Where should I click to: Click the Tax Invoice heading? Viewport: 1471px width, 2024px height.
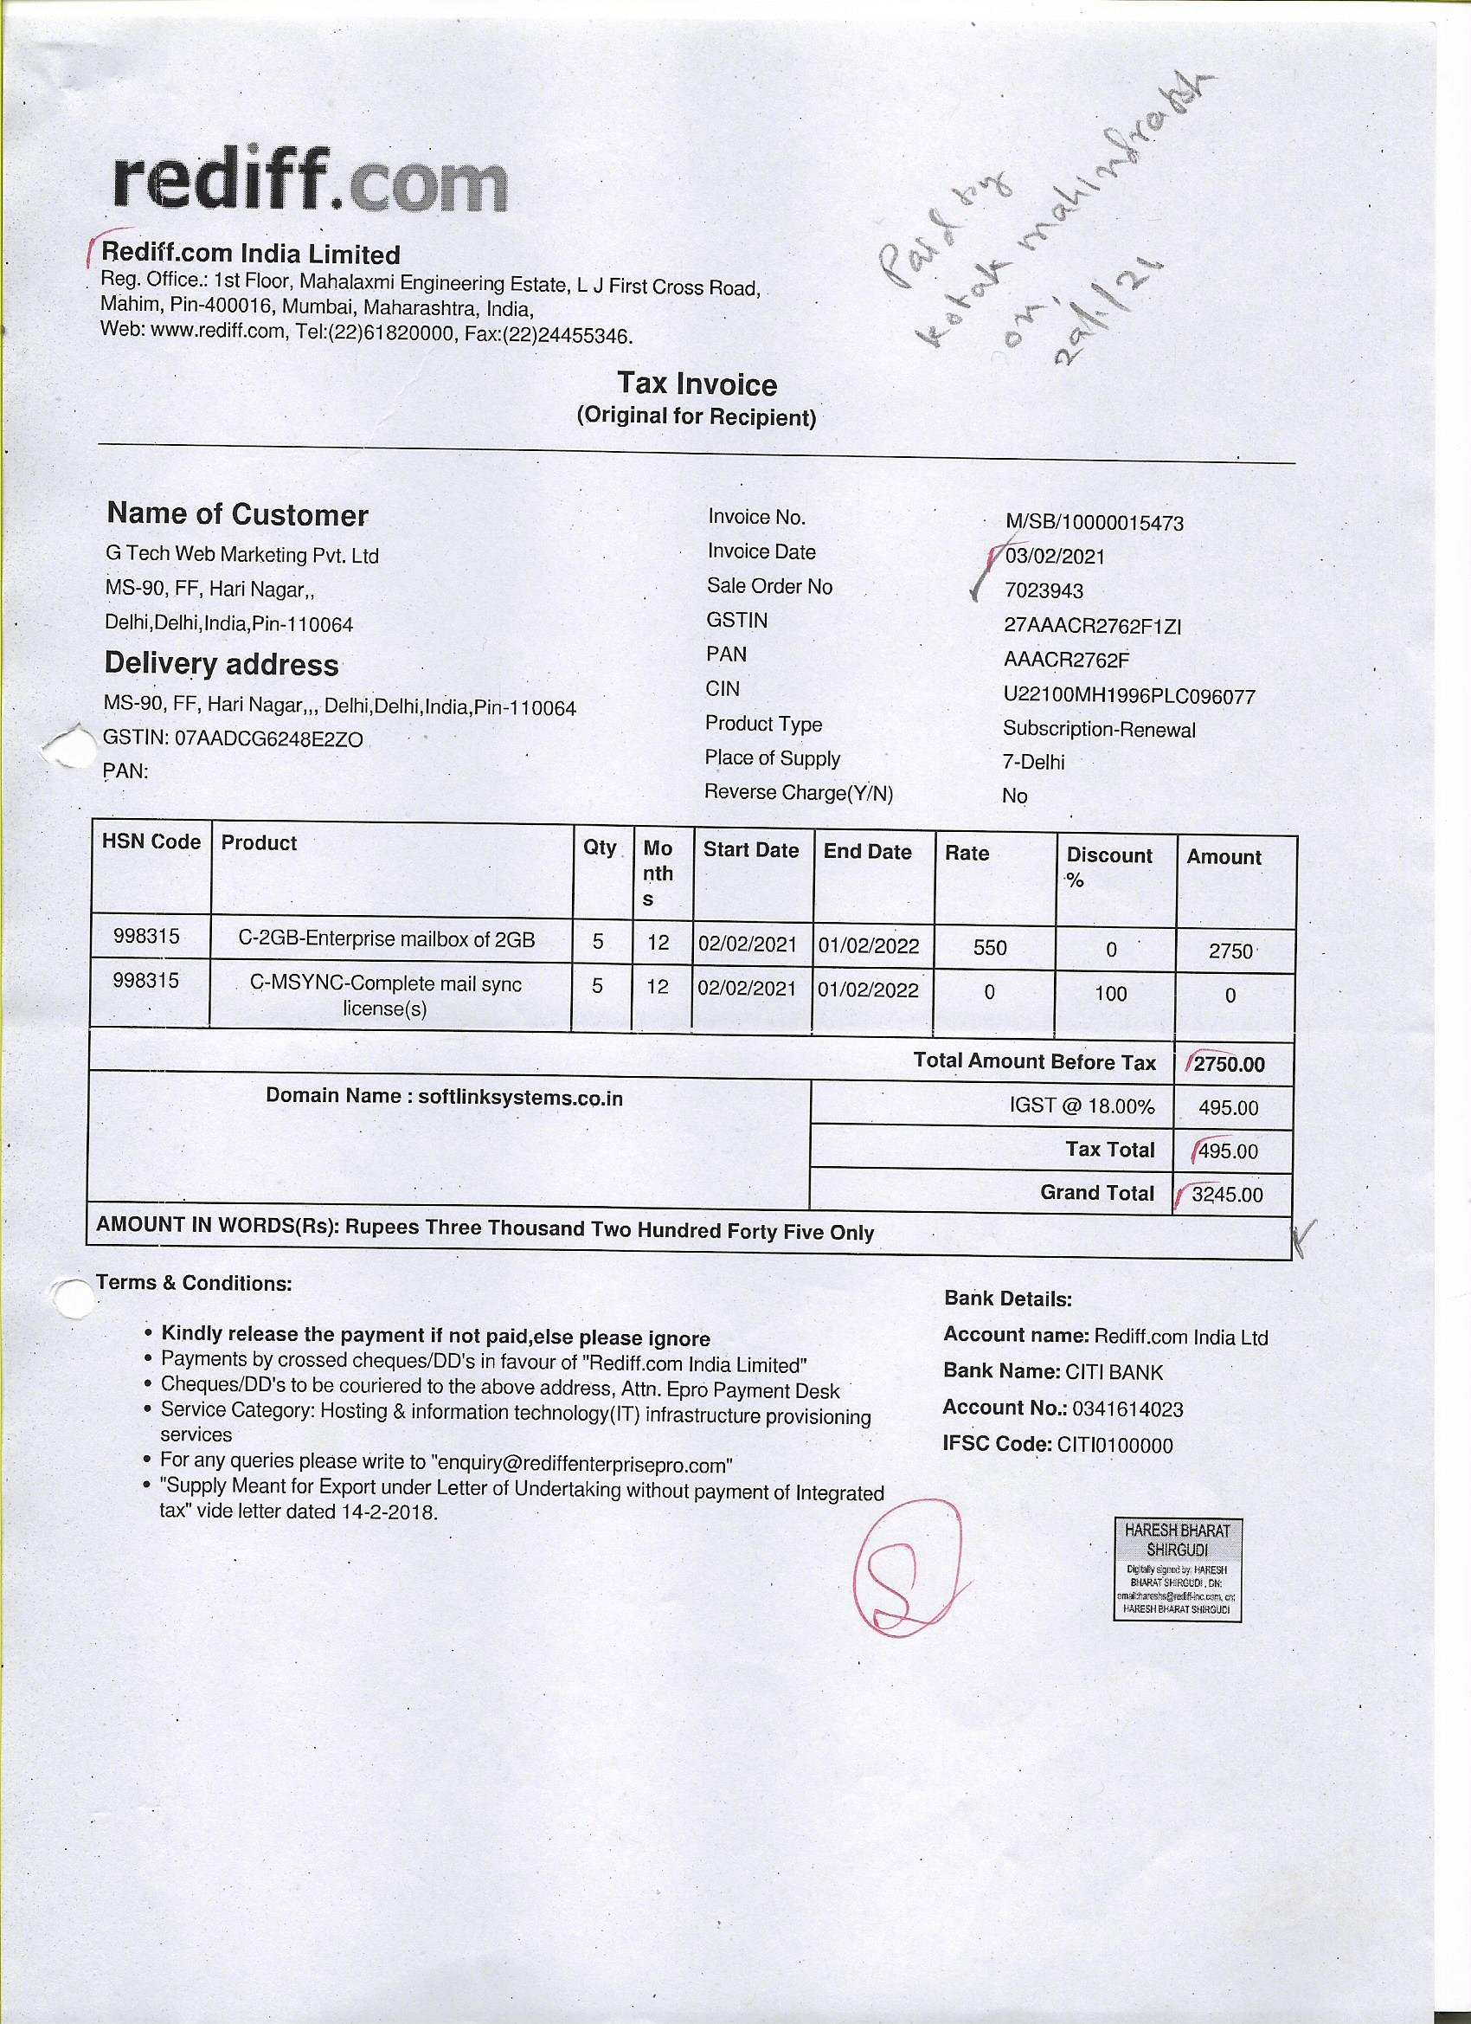(x=697, y=384)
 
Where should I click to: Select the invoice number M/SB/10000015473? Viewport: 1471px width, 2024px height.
(x=1094, y=523)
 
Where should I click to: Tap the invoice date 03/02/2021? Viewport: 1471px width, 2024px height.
(x=1056, y=557)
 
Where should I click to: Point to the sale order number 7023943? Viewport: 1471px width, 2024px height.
(x=1044, y=590)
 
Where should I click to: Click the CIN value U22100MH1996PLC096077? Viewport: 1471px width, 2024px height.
(x=1128, y=696)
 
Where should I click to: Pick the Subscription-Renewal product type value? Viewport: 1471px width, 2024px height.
(x=1098, y=729)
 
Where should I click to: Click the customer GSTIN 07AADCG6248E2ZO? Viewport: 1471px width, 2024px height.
(x=268, y=739)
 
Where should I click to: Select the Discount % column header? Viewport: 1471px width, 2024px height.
(x=1108, y=867)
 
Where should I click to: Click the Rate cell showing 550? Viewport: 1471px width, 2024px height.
(x=989, y=948)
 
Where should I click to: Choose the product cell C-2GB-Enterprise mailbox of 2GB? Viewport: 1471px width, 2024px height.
(x=386, y=940)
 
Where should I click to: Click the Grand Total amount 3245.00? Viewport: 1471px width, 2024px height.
(x=1227, y=1195)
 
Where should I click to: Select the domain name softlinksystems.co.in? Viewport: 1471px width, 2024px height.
(x=520, y=1098)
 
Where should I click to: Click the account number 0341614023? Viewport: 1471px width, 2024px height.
(x=1127, y=1409)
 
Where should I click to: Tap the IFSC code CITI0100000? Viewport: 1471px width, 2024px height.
(x=1114, y=1445)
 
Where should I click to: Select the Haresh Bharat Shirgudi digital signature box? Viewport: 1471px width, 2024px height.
(x=1177, y=1570)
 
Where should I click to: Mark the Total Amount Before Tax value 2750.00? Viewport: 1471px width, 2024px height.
(x=1229, y=1065)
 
